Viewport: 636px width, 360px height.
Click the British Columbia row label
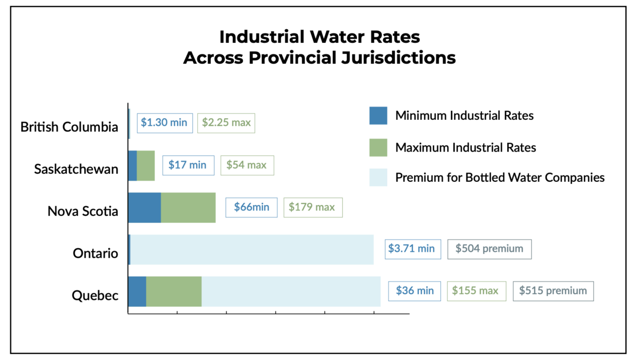tap(69, 127)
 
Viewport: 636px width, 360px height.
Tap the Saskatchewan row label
tap(76, 169)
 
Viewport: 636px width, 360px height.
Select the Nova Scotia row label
tap(83, 211)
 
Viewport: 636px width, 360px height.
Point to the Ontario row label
tap(95, 253)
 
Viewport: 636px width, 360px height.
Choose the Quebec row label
tap(95, 295)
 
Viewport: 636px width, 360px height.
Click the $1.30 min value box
tap(164, 122)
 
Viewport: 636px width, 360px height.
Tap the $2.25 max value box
tap(226, 122)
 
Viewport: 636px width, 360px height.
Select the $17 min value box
tap(188, 165)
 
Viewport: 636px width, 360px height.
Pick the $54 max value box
tap(246, 165)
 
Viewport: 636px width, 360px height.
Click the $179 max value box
tap(313, 207)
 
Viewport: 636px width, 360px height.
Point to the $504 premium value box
tap(489, 249)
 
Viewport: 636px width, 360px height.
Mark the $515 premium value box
tap(553, 291)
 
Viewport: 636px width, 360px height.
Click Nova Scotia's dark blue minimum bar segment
tap(144, 207)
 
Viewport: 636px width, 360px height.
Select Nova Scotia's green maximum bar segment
tap(188, 207)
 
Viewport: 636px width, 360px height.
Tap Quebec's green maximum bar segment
tap(174, 291)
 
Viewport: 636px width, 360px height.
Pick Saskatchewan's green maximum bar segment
tap(146, 165)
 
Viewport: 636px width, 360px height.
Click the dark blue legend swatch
tap(378, 116)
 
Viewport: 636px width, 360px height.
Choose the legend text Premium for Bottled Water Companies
tap(500, 178)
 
